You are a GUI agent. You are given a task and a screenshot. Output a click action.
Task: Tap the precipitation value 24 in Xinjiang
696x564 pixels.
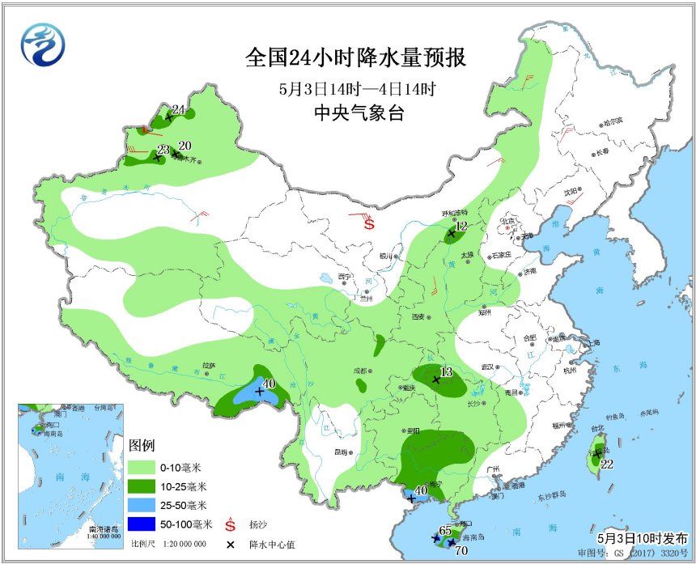coord(179,110)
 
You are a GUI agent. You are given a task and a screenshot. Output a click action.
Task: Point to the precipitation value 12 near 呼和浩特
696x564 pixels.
coord(461,227)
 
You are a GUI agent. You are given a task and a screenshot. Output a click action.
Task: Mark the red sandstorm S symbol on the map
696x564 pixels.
coord(369,224)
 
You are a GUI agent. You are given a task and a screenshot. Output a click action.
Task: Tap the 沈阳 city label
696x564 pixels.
coord(572,192)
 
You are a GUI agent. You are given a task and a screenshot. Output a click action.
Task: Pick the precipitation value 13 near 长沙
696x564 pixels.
coord(445,372)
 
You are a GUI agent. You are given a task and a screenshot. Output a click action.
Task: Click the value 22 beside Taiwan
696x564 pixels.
coord(607,464)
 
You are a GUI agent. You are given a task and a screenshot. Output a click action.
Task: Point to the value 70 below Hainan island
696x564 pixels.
coord(461,552)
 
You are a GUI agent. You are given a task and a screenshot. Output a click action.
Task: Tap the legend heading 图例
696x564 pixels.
coord(142,446)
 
